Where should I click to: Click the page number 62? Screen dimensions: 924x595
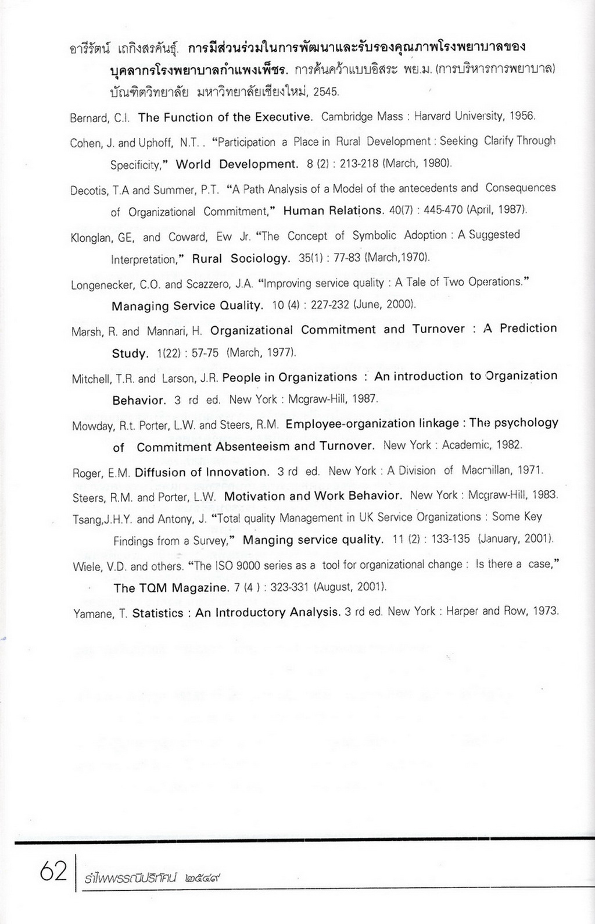coord(53,871)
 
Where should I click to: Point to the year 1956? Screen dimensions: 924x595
coord(522,116)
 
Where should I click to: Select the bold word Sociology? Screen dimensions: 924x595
coord(260,259)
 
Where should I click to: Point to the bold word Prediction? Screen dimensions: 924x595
coord(528,328)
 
